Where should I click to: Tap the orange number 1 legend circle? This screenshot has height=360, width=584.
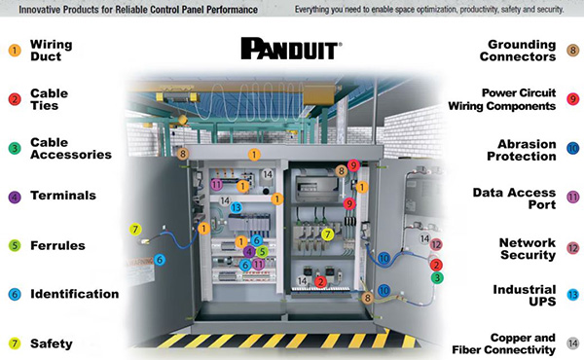click(x=15, y=50)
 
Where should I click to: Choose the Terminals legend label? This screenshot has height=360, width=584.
click(x=62, y=196)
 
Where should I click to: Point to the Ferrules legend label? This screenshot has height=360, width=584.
click(x=57, y=245)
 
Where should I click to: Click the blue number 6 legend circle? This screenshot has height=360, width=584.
click(x=15, y=294)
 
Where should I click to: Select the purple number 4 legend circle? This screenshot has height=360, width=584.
click(x=15, y=197)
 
